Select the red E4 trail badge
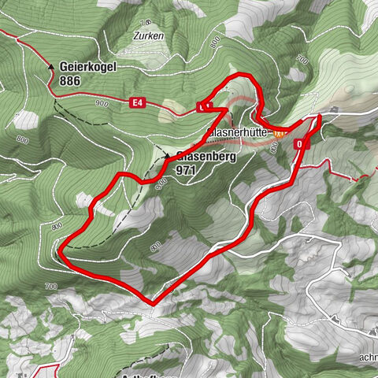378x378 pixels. (139, 102)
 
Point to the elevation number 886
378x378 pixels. (69, 80)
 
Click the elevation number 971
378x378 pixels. (186, 169)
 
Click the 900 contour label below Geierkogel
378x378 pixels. (99, 104)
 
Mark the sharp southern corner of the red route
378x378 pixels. (151, 302)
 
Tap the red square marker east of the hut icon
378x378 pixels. (300, 145)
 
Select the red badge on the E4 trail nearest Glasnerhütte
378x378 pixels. (204, 106)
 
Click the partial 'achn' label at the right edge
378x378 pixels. (365, 334)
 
